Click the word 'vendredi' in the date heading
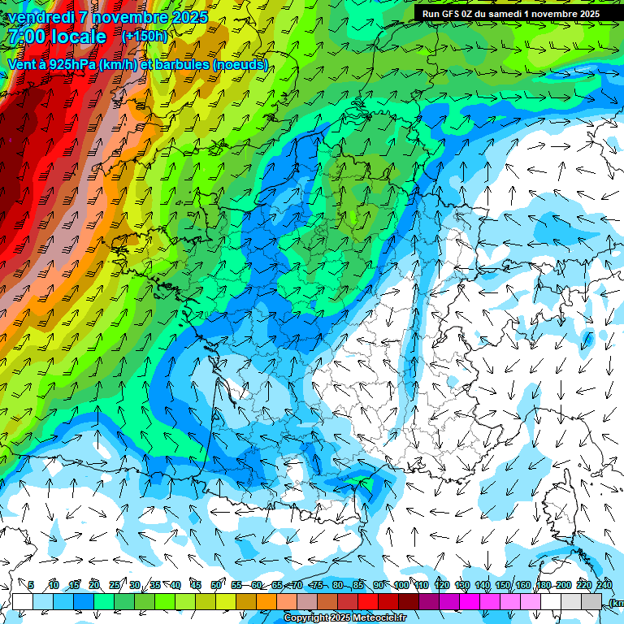click(41, 17)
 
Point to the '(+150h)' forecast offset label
click(144, 37)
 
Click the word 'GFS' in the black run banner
click(453, 14)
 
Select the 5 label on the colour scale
click(31, 585)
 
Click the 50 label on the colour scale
click(216, 585)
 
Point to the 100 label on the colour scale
click(401, 585)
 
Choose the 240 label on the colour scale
click(604, 585)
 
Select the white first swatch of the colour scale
click(23, 601)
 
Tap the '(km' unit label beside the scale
click(616, 603)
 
